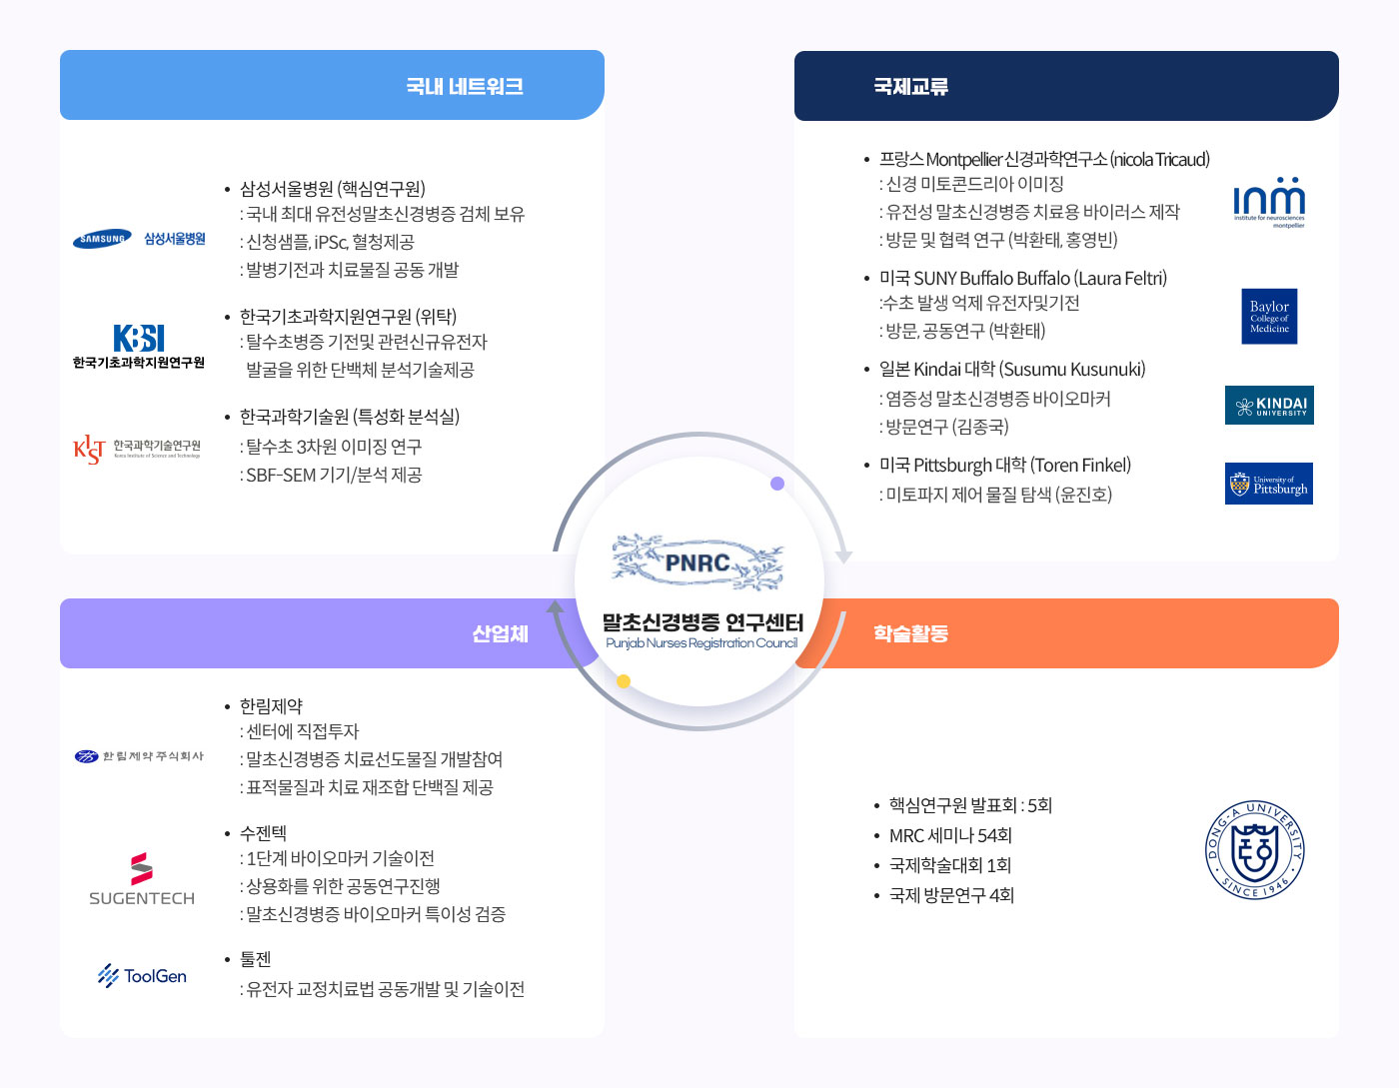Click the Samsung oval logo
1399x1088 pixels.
tap(103, 239)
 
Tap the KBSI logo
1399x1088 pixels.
tap(139, 338)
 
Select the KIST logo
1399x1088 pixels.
tap(89, 449)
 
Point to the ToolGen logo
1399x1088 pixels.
tap(142, 975)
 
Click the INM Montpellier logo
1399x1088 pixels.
tap(1269, 203)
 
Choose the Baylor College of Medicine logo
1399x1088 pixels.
tap(1269, 317)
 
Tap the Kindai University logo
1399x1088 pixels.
tap(1269, 405)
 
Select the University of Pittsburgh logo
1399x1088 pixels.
tap(1269, 484)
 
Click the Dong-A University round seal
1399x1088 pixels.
tap(1255, 849)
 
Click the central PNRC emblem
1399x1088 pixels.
tap(698, 562)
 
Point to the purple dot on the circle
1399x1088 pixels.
tap(777, 484)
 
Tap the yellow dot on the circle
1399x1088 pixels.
tap(624, 681)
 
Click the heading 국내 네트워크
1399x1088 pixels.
tap(465, 86)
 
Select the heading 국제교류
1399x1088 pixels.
tap(910, 87)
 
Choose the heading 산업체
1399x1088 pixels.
tap(500, 633)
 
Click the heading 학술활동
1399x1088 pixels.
tap(910, 633)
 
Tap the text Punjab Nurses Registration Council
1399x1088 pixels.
tap(701, 643)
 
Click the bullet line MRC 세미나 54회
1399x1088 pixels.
tap(950, 835)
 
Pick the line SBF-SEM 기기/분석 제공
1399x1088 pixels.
tap(334, 476)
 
